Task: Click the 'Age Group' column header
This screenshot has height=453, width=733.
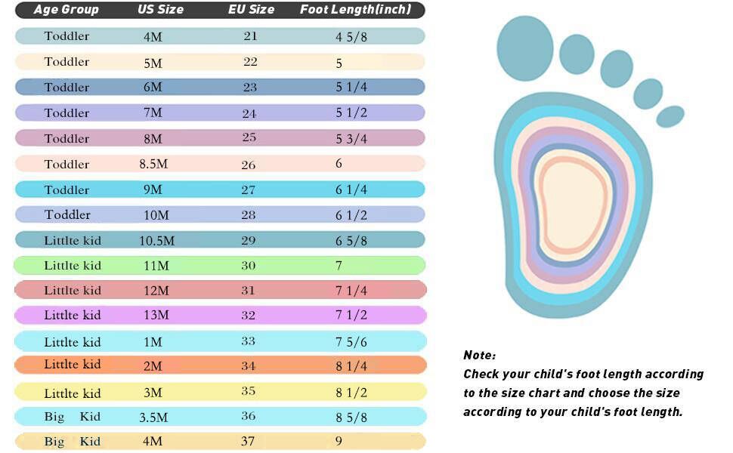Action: pyautogui.click(x=66, y=10)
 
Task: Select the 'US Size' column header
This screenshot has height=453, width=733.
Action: pyautogui.click(x=160, y=10)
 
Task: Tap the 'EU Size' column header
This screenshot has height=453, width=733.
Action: pyautogui.click(x=251, y=10)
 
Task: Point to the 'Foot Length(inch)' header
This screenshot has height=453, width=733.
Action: pyautogui.click(x=355, y=10)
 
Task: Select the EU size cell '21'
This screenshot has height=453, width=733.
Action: pyautogui.click(x=250, y=36)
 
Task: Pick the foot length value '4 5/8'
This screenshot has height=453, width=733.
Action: pyautogui.click(x=351, y=36)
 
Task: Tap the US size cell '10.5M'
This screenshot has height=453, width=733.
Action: pyautogui.click(x=156, y=241)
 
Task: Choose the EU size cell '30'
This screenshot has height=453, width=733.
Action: pyautogui.click(x=249, y=266)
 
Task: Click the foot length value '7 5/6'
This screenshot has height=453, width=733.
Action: pyautogui.click(x=351, y=342)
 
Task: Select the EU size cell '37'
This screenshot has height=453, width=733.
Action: pyautogui.click(x=249, y=441)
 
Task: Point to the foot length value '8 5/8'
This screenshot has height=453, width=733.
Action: pyautogui.click(x=351, y=417)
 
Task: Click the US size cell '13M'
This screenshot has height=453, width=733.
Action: pyautogui.click(x=156, y=316)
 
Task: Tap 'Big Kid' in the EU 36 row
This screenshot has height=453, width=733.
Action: pyautogui.click(x=72, y=417)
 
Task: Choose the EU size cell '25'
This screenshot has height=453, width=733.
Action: pyautogui.click(x=249, y=138)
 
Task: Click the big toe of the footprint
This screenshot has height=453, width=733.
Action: pyautogui.click(x=525, y=48)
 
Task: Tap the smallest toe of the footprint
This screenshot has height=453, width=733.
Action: pyautogui.click(x=670, y=116)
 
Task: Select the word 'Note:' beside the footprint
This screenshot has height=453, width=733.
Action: pyautogui.click(x=480, y=355)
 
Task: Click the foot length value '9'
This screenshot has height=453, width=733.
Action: pyautogui.click(x=339, y=442)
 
